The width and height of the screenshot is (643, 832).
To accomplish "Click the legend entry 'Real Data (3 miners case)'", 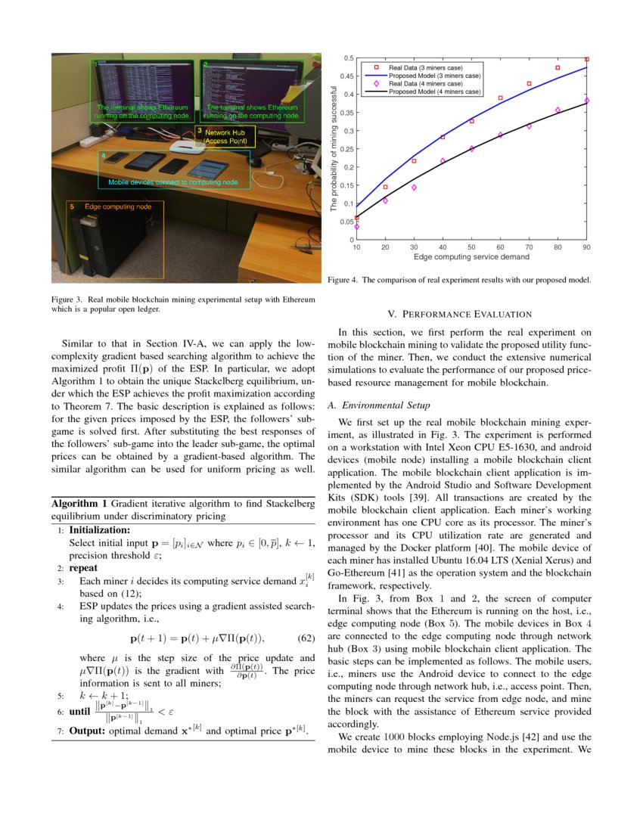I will coord(425,67).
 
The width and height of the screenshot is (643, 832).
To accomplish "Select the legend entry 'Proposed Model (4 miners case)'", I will coord(434,92).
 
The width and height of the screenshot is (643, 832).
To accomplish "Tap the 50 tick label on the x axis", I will coord(471,247).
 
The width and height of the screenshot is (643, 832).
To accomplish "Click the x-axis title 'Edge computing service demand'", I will coord(471,257).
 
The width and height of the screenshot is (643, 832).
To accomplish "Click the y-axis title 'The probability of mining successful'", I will coord(335,150).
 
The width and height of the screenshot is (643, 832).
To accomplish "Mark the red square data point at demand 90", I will coord(586,58).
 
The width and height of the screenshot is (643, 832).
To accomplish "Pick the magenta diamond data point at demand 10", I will coord(356,227).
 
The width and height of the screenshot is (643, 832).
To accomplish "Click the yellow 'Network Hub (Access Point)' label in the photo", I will coord(226,137).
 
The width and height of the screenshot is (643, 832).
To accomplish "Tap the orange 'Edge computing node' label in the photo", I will coord(118,206).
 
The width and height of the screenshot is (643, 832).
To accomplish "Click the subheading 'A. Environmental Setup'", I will coord(379,405).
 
